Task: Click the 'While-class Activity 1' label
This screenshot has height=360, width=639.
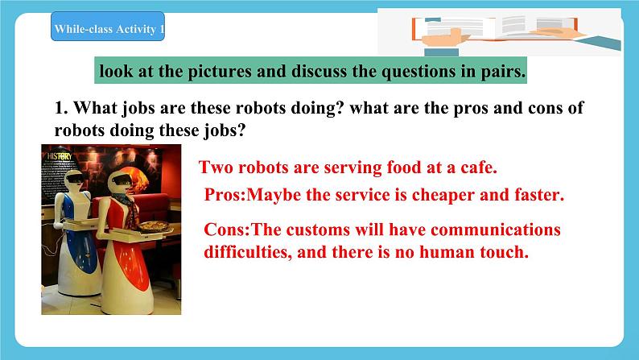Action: pyautogui.click(x=108, y=31)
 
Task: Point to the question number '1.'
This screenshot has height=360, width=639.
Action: pyautogui.click(x=61, y=109)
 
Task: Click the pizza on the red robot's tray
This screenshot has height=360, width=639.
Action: pyautogui.click(x=153, y=227)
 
